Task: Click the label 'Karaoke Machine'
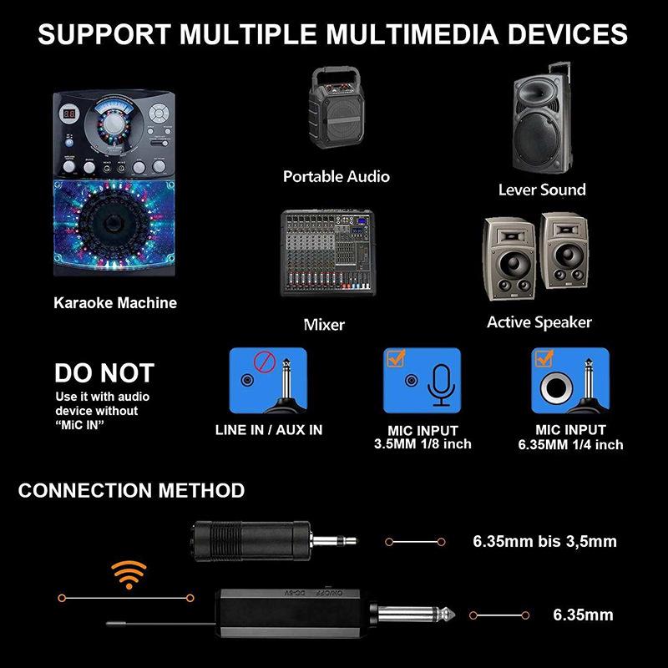click(x=115, y=302)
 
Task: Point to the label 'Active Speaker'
click(x=539, y=322)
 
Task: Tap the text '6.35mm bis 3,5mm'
click(x=544, y=541)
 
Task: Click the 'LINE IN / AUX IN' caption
click(x=268, y=430)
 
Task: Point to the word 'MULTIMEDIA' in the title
click(x=400, y=35)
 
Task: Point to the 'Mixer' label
click(x=324, y=324)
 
